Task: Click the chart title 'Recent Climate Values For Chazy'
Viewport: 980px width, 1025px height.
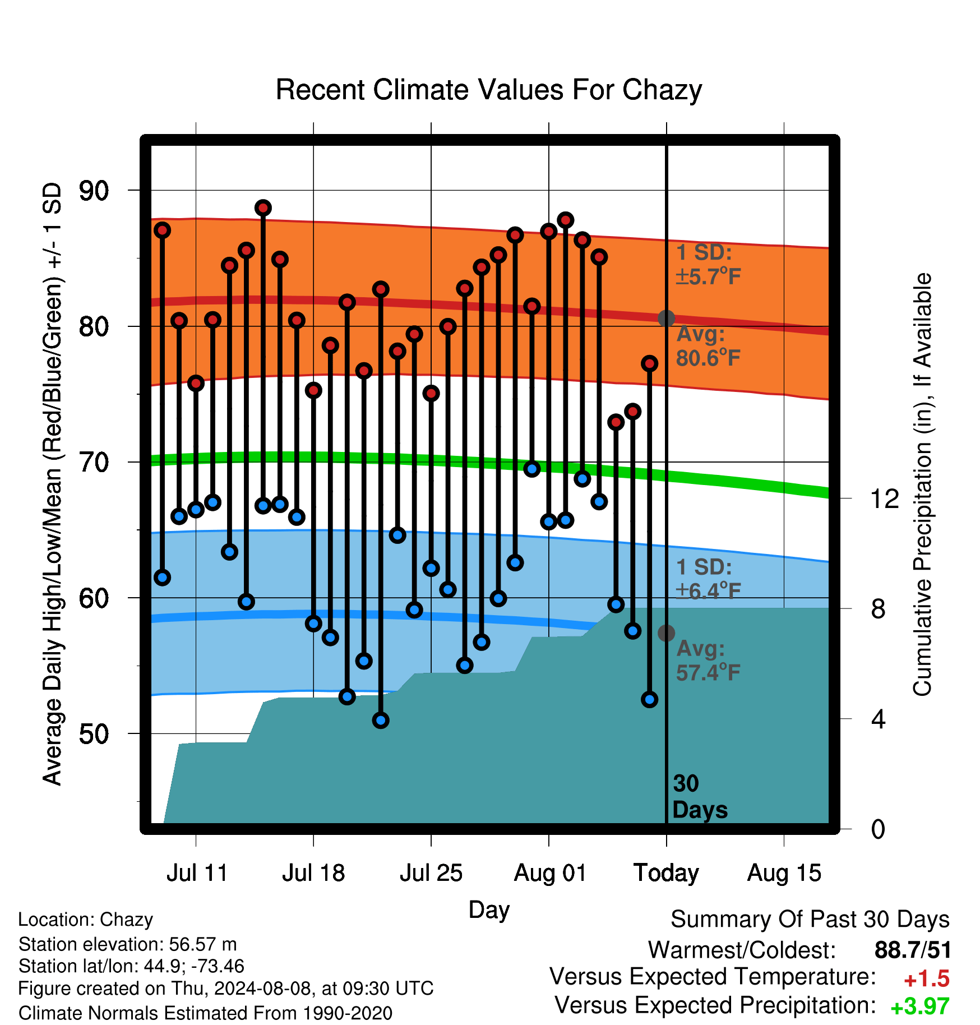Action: pyautogui.click(x=489, y=90)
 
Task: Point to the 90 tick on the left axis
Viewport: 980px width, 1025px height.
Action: pyautogui.click(x=94, y=191)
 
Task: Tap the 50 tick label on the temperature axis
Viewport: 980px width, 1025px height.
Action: pyautogui.click(x=94, y=733)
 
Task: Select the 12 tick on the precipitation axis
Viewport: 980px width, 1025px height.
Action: pyautogui.click(x=885, y=498)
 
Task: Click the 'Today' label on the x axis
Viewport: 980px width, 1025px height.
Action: pyautogui.click(x=666, y=873)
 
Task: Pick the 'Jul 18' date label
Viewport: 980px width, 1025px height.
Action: pyautogui.click(x=313, y=873)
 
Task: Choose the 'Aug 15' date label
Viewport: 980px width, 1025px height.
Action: pyautogui.click(x=784, y=873)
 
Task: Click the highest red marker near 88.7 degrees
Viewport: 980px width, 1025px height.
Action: pyautogui.click(x=263, y=208)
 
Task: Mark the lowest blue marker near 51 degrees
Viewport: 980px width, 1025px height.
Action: pyautogui.click(x=381, y=720)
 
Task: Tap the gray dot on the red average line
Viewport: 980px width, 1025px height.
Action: pyautogui.click(x=666, y=318)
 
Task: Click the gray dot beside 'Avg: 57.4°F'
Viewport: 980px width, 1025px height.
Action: pyautogui.click(x=666, y=633)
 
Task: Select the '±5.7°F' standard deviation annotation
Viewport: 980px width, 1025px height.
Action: pyautogui.click(x=709, y=276)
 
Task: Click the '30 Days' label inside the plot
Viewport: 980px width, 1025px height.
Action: pyautogui.click(x=700, y=797)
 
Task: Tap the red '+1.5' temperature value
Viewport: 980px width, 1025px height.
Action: pyautogui.click(x=927, y=979)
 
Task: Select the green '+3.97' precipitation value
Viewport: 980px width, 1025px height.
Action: pyautogui.click(x=920, y=1006)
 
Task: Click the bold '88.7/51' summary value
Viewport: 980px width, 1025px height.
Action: pyautogui.click(x=913, y=950)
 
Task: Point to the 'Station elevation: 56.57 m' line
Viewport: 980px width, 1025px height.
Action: pyautogui.click(x=128, y=944)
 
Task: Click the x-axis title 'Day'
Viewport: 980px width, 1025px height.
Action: pyautogui.click(x=489, y=909)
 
